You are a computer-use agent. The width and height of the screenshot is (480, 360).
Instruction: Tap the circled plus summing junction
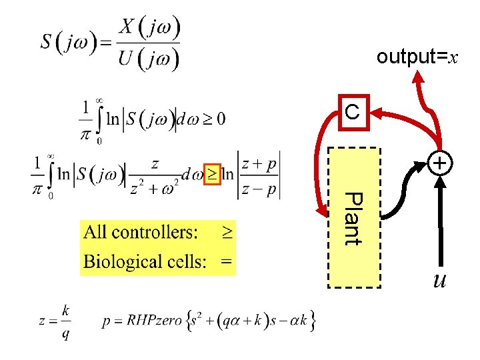point(440,163)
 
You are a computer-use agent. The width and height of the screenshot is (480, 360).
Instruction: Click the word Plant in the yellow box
point(353,219)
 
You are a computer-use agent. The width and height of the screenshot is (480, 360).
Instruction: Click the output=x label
point(417,57)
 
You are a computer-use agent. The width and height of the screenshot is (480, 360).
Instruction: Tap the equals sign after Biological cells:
point(227,261)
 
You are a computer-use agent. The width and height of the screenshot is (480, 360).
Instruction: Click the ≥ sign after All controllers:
point(227,232)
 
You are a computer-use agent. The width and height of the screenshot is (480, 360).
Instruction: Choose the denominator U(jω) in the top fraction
point(149,59)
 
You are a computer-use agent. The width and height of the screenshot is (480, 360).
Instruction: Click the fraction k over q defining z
point(65,321)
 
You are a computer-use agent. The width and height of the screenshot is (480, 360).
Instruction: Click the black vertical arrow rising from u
point(440,220)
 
